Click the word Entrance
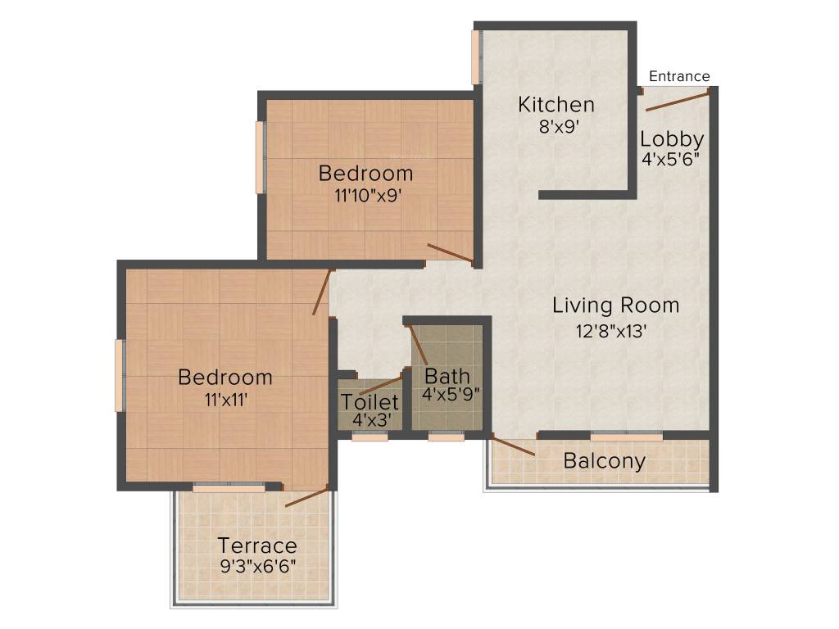(x=679, y=76)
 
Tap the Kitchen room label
(x=556, y=105)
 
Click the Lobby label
(x=672, y=139)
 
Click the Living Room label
(x=615, y=305)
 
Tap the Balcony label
(x=604, y=461)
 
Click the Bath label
(x=447, y=377)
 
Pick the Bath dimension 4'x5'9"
(x=451, y=394)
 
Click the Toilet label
(x=370, y=402)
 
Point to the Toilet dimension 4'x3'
(x=370, y=419)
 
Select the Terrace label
(x=257, y=545)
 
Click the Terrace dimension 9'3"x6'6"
(x=257, y=565)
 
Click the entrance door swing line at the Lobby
(x=677, y=101)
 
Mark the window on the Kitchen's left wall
(x=475, y=57)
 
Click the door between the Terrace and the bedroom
(x=306, y=497)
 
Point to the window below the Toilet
(x=370, y=437)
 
